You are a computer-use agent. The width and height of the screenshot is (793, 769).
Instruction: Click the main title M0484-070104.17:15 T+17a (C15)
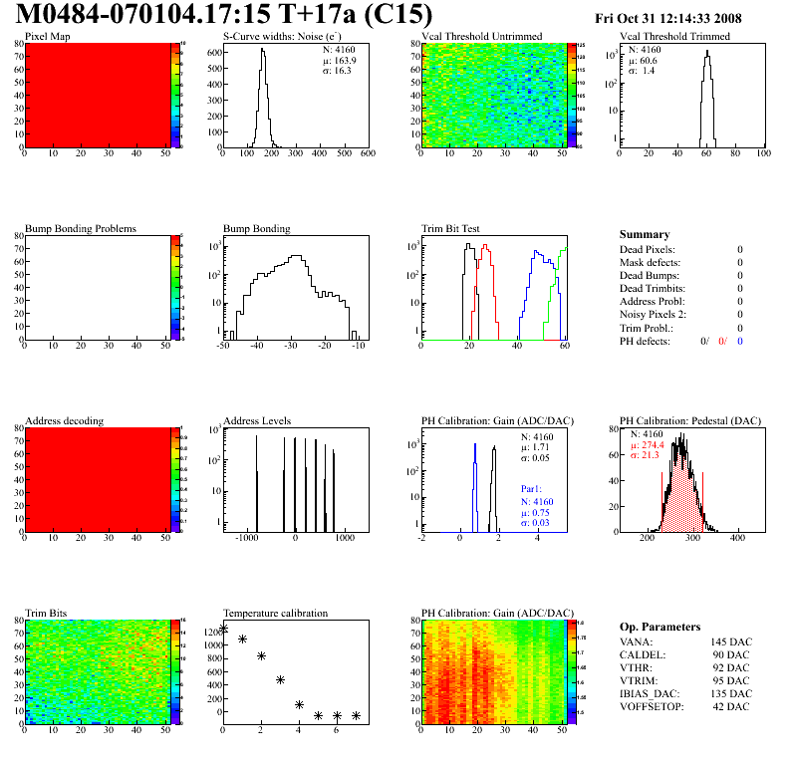click(x=225, y=15)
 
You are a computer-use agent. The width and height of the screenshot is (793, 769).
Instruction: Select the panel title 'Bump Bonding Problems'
click(x=81, y=228)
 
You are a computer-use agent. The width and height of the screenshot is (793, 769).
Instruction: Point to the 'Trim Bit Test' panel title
click(x=451, y=228)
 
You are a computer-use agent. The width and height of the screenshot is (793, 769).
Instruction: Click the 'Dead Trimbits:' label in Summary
click(x=653, y=288)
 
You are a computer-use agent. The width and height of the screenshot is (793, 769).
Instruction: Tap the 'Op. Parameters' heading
click(x=660, y=627)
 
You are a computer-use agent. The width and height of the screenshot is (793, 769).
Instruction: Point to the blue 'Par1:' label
click(x=533, y=489)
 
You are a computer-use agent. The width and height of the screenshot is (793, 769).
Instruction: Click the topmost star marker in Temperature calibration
click(x=223, y=629)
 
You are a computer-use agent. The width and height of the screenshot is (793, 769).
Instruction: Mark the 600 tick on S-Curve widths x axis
click(x=367, y=153)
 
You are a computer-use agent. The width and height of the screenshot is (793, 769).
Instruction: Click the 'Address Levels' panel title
click(x=257, y=420)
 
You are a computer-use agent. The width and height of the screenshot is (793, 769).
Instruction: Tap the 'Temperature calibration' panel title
click(x=275, y=613)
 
